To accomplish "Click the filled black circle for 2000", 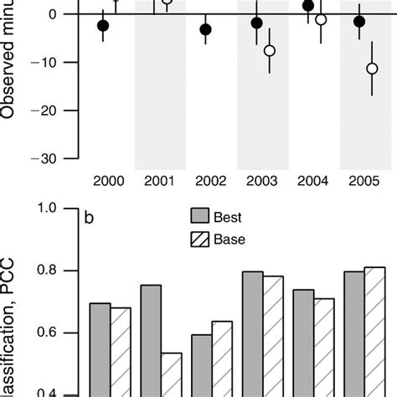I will pyautogui.click(x=103, y=26).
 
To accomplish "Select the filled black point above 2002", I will pyautogui.click(x=205, y=29).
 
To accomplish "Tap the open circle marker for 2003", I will pyautogui.click(x=269, y=51).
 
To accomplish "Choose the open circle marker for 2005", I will pyautogui.click(x=372, y=68).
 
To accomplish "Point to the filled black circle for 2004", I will pyautogui.click(x=308, y=6).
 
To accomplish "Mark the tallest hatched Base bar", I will pyautogui.click(x=375, y=332).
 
